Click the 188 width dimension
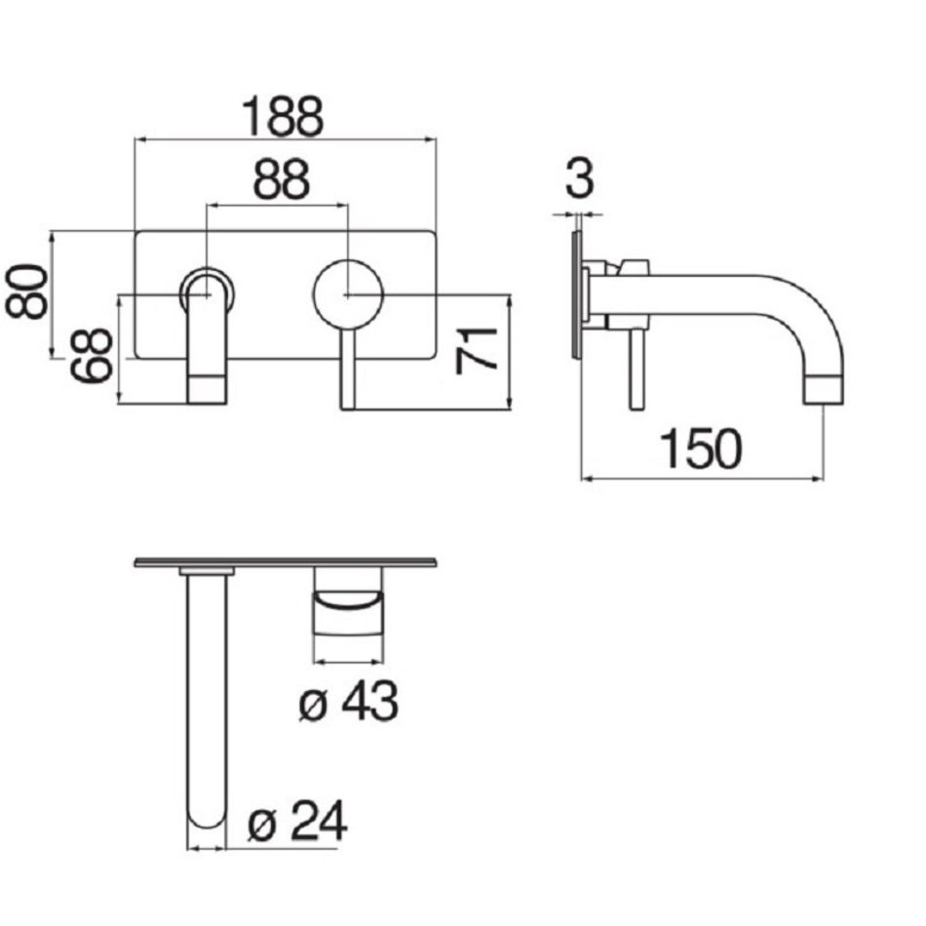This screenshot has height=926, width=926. (284, 116)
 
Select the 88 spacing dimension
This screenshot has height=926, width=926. (281, 178)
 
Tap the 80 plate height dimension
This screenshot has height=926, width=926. (26, 292)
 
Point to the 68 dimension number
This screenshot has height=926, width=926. (91, 356)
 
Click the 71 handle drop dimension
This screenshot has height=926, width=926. (477, 350)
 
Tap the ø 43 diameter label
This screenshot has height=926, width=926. (348, 701)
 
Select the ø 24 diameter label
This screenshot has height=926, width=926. (297, 821)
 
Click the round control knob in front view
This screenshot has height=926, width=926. (348, 294)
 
